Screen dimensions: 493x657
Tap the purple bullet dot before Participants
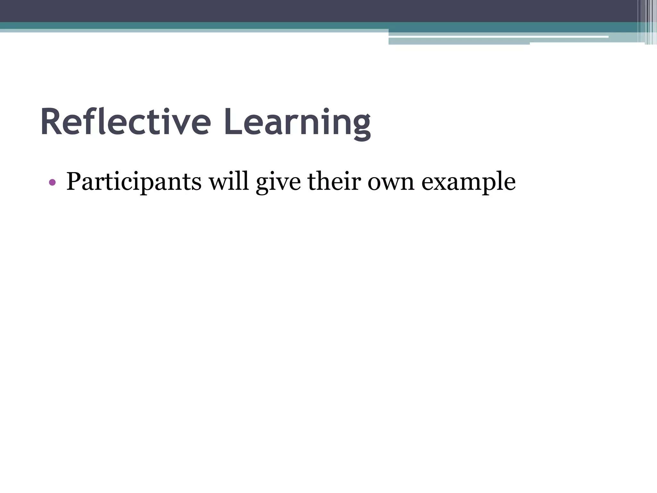(52, 183)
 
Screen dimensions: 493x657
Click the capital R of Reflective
(51, 122)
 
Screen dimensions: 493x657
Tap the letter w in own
(392, 183)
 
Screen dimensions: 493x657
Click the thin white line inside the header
(497, 37)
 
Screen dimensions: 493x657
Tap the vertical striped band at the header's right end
(650, 22)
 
